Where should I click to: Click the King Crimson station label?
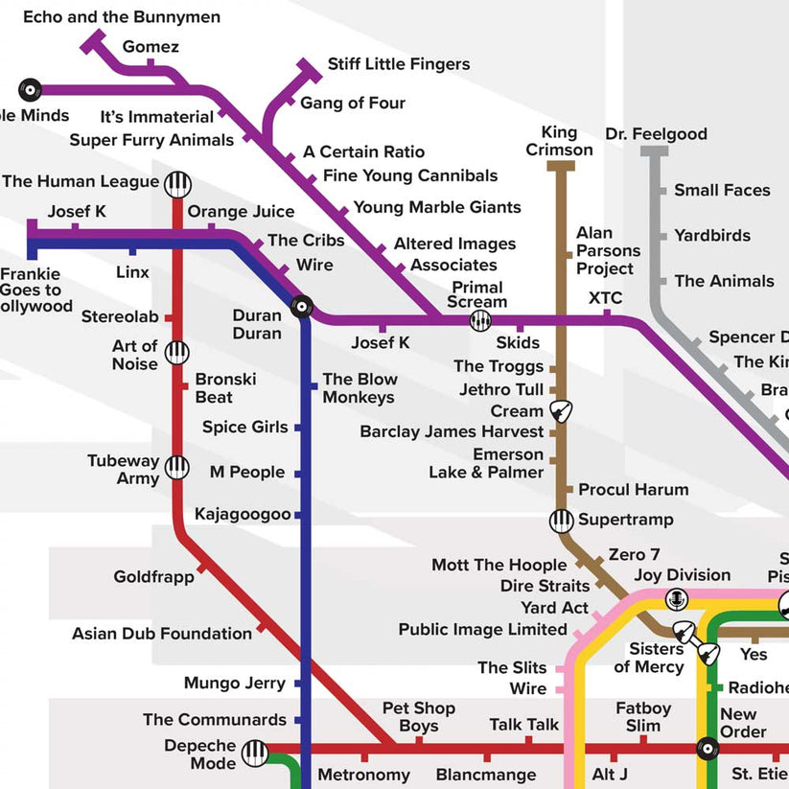tap(559, 141)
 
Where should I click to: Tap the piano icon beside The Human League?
tap(177, 184)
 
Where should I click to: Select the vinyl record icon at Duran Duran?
tap(302, 307)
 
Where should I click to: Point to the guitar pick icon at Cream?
tap(561, 411)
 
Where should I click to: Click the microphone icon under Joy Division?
tap(678, 599)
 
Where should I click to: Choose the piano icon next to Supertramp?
tap(561, 521)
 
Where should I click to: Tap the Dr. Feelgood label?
tap(656, 134)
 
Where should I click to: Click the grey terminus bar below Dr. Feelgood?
tap(655, 151)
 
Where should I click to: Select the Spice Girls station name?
tap(244, 427)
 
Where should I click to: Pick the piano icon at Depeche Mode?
tap(255, 754)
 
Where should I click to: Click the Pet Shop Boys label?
tap(418, 717)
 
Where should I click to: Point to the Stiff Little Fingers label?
tap(399, 64)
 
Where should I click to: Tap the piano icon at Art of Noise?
tap(177, 353)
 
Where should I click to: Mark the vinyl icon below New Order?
tap(708, 748)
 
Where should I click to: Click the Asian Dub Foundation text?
tap(162, 634)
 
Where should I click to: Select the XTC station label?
tap(605, 297)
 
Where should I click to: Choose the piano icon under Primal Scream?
tap(480, 321)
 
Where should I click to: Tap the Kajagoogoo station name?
tap(243, 515)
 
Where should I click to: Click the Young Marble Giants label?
tap(437, 207)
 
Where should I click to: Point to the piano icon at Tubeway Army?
tap(177, 467)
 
